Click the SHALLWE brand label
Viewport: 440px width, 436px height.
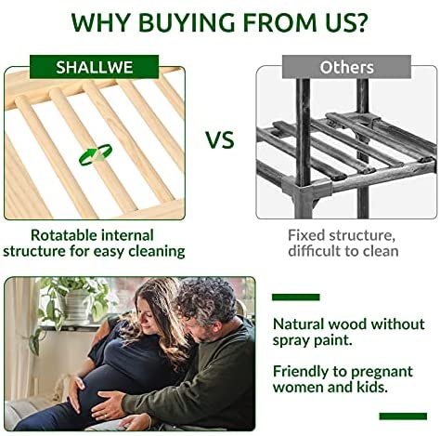(x=94, y=67)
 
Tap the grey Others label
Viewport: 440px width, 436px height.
(x=346, y=67)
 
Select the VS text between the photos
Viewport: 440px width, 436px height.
(x=220, y=140)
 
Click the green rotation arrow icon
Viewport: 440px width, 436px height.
(x=96, y=154)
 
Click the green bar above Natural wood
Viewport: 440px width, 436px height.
(x=296, y=297)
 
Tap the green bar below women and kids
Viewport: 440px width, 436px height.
(x=403, y=416)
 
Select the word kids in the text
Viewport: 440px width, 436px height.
(x=374, y=388)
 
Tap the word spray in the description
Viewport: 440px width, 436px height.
(x=291, y=341)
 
